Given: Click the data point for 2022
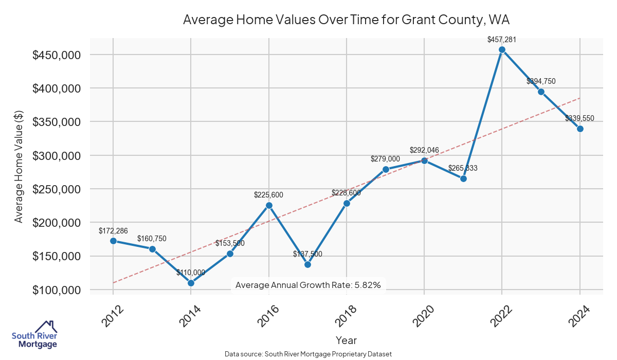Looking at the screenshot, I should [502, 50].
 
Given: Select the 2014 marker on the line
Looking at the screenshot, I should [191, 283].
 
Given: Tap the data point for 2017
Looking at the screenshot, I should [307, 264].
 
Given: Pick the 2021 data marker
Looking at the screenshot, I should [463, 178].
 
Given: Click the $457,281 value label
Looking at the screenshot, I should [502, 39].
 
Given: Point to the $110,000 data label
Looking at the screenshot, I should [191, 273].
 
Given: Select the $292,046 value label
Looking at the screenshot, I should [424, 150].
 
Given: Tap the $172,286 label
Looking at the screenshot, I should [113, 230].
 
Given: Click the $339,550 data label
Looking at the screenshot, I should [579, 118].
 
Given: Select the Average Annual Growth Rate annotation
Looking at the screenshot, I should [307, 285].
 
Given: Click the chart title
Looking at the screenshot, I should [346, 20].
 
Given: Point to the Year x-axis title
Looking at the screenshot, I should [346, 340].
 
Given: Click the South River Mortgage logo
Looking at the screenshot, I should [34, 335].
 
